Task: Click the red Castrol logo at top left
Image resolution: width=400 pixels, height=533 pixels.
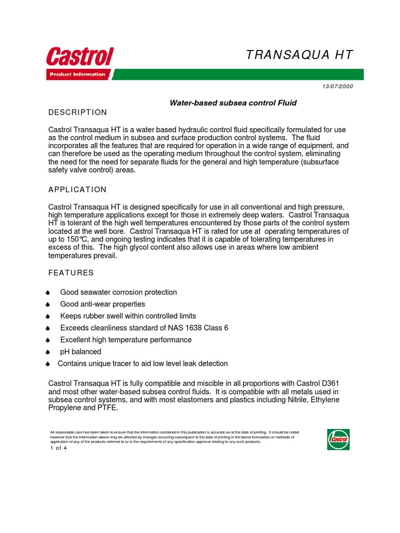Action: point(80,57)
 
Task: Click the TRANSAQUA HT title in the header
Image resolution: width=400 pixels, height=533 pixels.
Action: point(299,55)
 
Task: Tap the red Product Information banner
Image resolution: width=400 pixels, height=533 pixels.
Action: point(78,74)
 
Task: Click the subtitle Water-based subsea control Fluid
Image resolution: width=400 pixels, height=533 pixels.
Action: point(233,103)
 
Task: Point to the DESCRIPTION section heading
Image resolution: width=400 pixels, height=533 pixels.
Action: point(78,112)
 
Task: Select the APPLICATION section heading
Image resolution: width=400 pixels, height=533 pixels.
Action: point(77,189)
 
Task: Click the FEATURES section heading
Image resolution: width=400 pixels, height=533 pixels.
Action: point(71,273)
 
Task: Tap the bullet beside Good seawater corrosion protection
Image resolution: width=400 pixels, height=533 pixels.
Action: point(48,293)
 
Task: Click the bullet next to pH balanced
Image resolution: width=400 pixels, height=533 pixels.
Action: point(48,352)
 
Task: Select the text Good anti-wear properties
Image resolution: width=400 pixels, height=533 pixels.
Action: point(103,304)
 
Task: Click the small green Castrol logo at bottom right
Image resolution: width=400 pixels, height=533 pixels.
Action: point(338,439)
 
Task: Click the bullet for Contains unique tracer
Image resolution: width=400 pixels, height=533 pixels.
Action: point(48,364)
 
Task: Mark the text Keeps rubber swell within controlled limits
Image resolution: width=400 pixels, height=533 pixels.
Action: point(128,316)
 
